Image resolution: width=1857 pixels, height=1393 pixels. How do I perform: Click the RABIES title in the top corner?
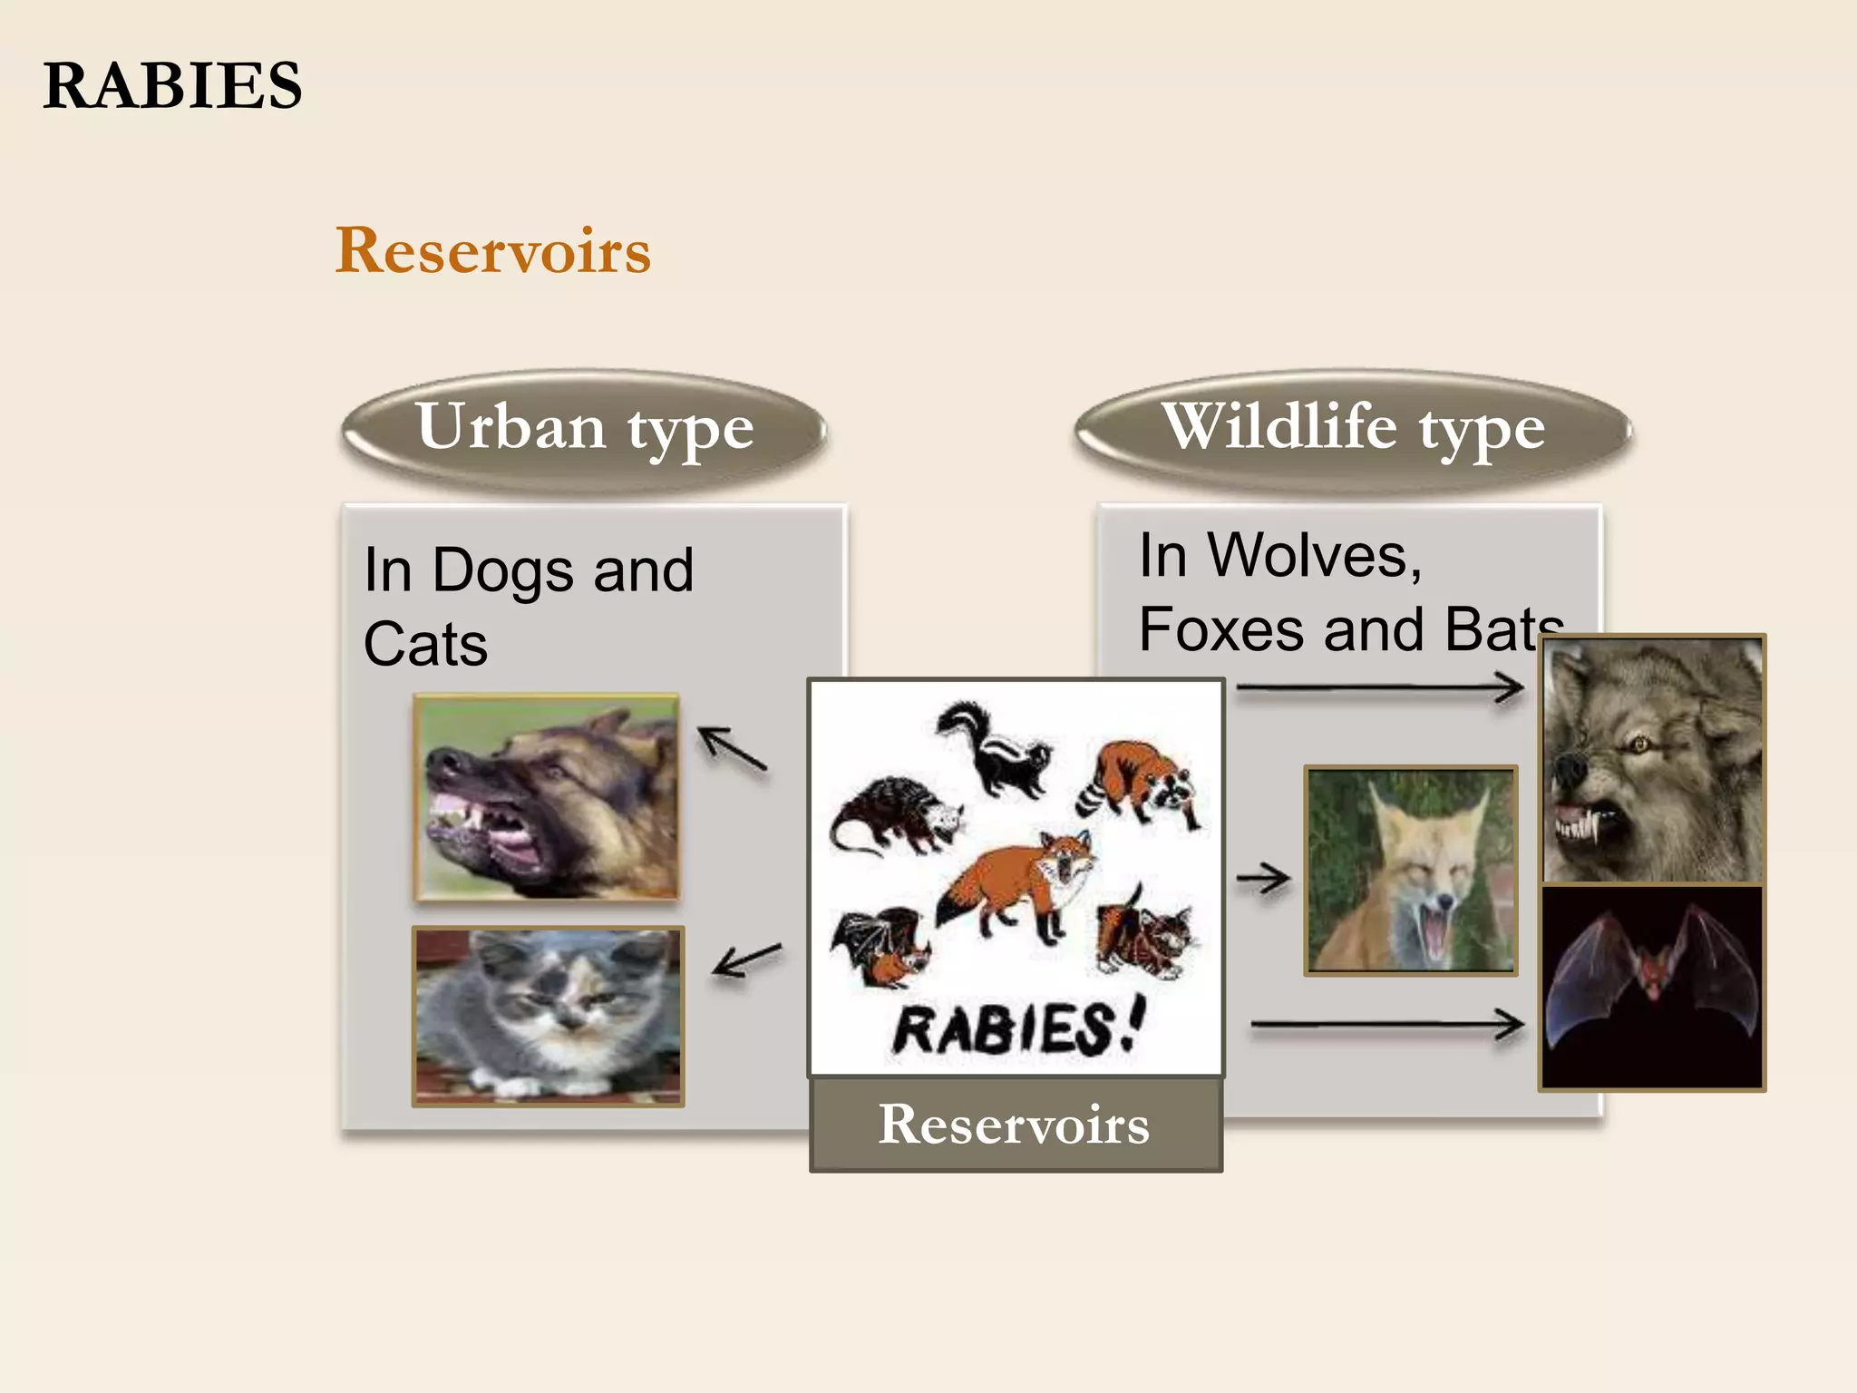tap(172, 86)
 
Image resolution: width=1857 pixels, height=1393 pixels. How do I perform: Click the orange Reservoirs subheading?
tap(493, 251)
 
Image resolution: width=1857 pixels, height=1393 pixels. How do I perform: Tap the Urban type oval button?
tap(585, 429)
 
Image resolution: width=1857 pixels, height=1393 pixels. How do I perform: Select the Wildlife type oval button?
tap(1353, 429)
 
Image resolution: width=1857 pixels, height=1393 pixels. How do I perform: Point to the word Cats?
tap(425, 645)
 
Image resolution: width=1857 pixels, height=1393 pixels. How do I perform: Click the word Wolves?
tap(1315, 555)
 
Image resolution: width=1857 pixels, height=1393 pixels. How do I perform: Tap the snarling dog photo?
tap(547, 798)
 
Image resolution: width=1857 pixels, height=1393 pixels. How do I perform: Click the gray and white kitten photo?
tap(548, 1016)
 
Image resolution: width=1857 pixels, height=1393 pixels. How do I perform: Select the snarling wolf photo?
tap(1652, 760)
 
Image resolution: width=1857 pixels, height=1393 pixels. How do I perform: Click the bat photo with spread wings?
tap(1652, 987)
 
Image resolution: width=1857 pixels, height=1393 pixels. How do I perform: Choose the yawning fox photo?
tap(1410, 871)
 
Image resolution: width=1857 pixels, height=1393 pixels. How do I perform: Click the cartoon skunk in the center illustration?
tap(993, 748)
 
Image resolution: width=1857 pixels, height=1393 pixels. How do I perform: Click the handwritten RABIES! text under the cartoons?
tap(1017, 1029)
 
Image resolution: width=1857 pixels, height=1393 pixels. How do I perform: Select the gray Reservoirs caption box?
tap(1016, 1125)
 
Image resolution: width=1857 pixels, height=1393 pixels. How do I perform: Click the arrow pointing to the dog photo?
tap(733, 749)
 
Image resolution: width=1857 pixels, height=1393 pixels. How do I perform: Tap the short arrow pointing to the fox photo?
tap(1263, 878)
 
